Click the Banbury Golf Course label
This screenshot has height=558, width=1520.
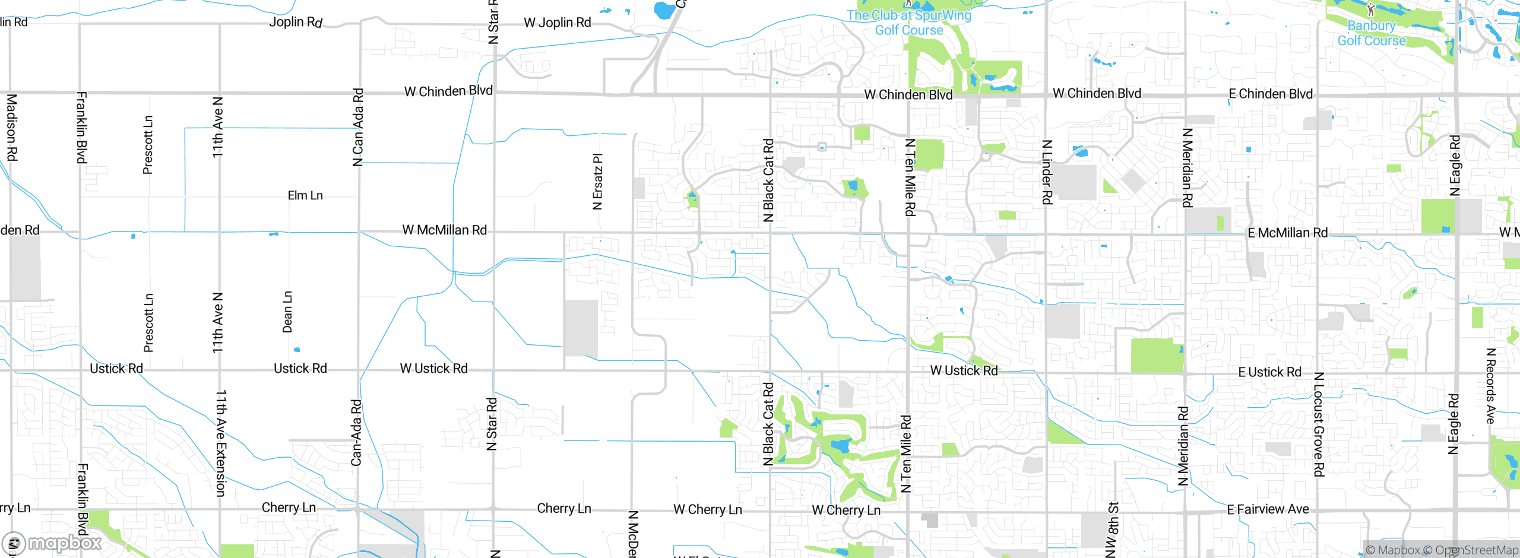click(1371, 33)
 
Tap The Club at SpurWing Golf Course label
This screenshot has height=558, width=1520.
click(909, 23)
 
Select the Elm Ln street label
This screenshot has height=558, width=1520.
click(305, 195)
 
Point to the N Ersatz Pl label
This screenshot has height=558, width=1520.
click(598, 182)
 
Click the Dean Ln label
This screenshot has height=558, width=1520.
click(287, 312)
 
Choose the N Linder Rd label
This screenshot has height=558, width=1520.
click(1047, 172)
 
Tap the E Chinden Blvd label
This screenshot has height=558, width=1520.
click(1270, 94)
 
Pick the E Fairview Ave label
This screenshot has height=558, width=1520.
click(1268, 509)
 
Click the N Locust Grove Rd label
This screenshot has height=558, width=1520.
click(1319, 424)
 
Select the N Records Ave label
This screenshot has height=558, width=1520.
click(1490, 386)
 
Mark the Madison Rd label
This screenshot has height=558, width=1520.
click(12, 128)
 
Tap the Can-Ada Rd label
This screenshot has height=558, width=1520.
click(356, 432)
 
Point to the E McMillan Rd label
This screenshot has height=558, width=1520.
click(1287, 233)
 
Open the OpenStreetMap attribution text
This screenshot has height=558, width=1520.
click(1476, 550)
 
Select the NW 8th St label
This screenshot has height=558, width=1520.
click(1113, 530)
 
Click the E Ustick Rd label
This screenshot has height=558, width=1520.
click(1269, 372)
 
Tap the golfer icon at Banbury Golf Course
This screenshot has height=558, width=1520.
click(1371, 9)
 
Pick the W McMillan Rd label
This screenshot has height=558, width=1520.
click(444, 230)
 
